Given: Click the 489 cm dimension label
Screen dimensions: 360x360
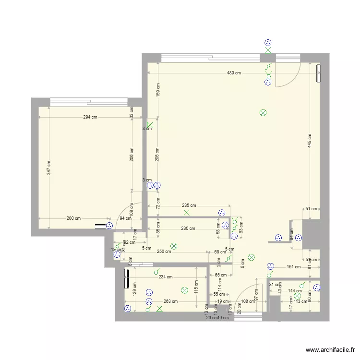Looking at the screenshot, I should click(x=234, y=73).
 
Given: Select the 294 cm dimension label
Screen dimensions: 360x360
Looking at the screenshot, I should click(x=90, y=117).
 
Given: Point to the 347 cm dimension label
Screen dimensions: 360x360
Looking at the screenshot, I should click(x=49, y=167).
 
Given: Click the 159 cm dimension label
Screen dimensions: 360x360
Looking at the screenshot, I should click(x=158, y=90).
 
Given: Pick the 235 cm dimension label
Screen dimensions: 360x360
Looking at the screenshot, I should click(x=189, y=205).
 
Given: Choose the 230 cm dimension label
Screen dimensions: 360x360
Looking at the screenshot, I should click(x=188, y=228).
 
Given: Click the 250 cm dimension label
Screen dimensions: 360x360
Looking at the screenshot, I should click(x=164, y=252).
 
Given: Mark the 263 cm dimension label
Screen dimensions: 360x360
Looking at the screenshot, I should click(x=171, y=301).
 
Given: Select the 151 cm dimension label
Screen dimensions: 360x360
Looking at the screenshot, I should click(x=293, y=267).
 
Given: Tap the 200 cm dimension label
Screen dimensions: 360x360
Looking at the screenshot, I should click(x=73, y=218).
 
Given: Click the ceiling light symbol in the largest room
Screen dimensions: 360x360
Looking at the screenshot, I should click(x=263, y=113).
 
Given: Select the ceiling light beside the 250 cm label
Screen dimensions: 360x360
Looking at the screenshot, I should click(x=174, y=246).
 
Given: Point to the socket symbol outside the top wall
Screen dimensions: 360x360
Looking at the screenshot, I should click(x=268, y=43).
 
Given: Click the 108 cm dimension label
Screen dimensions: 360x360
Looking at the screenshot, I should click(x=248, y=301).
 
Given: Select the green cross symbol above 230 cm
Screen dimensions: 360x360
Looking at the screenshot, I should click(x=186, y=213).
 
